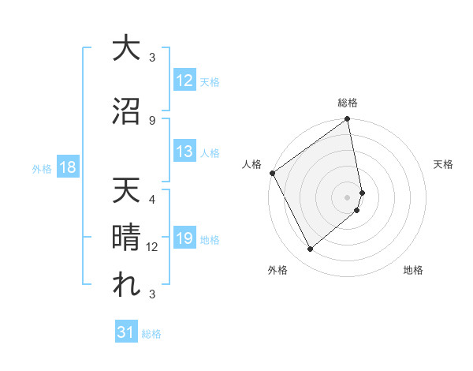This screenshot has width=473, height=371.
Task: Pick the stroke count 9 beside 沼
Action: point(152,120)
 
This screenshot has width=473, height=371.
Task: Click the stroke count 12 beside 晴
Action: point(153,247)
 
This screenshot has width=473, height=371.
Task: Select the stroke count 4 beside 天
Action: point(152,199)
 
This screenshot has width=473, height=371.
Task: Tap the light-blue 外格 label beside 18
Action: point(42,168)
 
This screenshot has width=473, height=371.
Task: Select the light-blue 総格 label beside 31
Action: point(151,334)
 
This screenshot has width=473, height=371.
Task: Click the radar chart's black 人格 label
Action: point(252,164)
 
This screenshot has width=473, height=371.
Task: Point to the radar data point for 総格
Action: point(347,120)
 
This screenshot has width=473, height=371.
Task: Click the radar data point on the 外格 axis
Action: point(310,249)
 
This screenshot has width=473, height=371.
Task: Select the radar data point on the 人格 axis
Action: point(272,173)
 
